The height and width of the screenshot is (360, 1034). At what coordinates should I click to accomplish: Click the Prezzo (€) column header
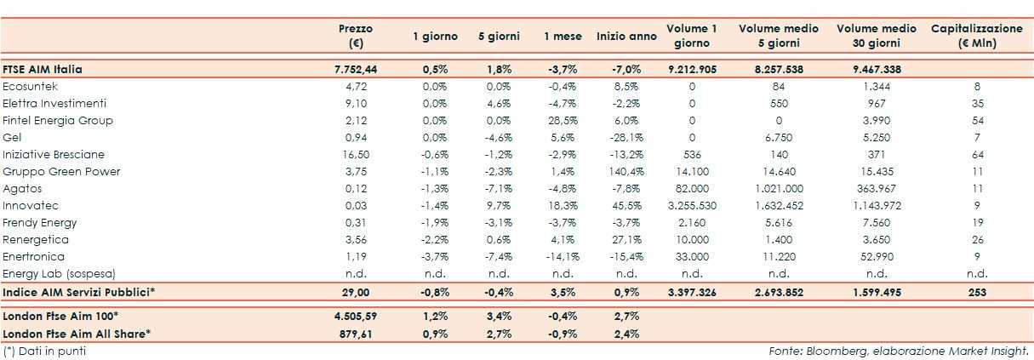[355, 36]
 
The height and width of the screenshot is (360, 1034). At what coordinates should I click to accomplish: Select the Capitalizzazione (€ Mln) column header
[977, 36]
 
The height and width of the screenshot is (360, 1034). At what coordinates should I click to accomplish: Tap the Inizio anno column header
[626, 37]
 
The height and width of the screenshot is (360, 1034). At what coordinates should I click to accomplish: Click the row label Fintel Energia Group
[58, 121]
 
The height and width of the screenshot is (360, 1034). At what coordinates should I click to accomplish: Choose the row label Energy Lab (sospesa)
[59, 274]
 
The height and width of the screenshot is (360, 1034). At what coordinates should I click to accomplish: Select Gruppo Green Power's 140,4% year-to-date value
[626, 172]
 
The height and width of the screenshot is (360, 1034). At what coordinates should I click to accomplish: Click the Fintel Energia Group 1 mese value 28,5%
[563, 121]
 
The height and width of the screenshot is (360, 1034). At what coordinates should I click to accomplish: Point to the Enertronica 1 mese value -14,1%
[563, 257]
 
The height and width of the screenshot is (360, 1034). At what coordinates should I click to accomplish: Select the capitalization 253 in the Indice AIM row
[977, 292]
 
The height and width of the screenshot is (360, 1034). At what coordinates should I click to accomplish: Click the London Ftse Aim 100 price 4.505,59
[355, 317]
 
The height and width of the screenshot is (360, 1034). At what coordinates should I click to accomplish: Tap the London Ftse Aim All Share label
[77, 334]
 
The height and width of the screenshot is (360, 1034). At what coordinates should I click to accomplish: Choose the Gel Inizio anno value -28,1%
[626, 138]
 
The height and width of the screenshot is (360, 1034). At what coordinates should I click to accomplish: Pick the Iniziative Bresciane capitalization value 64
[977, 155]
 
